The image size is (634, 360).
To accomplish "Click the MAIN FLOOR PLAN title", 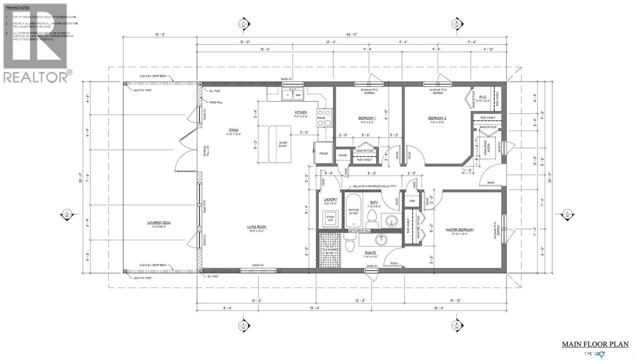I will coord(595,344).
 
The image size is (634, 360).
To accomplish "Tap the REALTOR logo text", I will coord(36,77).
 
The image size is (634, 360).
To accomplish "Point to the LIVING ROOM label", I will coord(256,227).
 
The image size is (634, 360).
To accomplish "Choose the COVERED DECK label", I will coord(159,223).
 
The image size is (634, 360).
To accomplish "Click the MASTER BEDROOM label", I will coord(459,230).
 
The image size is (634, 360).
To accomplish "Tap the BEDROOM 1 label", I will coord(367,118).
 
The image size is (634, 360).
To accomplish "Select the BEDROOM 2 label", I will coord(437,118).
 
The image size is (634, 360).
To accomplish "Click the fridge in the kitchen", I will coord(321,153).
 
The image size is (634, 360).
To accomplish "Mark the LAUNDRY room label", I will coord(330,200).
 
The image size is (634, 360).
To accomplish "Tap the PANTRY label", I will coord(342,156).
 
